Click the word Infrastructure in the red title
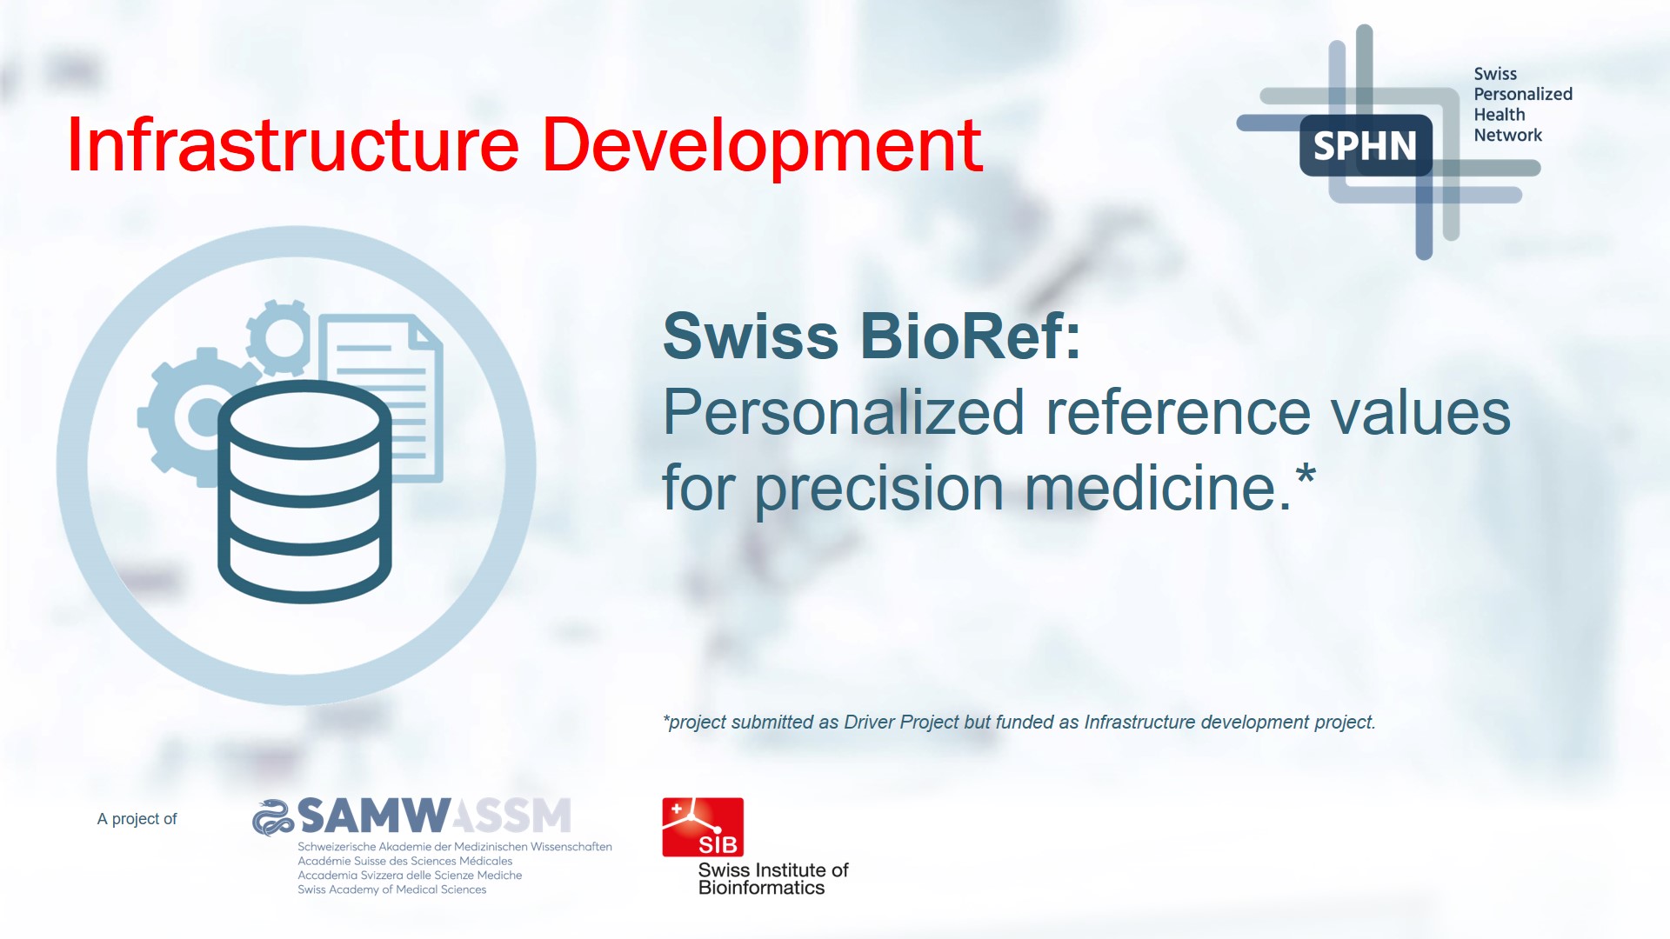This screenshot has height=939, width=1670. pyautogui.click(x=292, y=146)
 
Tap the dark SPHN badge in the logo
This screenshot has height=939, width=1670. pyautogui.click(x=1365, y=146)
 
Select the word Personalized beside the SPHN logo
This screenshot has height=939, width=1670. pyautogui.click(x=1522, y=94)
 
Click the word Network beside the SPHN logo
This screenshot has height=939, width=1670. pyautogui.click(x=1507, y=135)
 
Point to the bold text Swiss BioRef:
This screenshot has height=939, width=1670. pyautogui.click(x=872, y=336)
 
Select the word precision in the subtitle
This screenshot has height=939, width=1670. pyautogui.click(x=878, y=489)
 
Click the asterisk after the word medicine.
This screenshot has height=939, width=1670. pyautogui.click(x=1306, y=476)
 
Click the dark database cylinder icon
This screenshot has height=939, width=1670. pyautogui.click(x=304, y=491)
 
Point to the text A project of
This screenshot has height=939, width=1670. pyautogui.click(x=137, y=819)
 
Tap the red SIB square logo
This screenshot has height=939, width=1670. pyautogui.click(x=703, y=827)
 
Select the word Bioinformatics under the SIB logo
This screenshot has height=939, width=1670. pyautogui.click(x=761, y=888)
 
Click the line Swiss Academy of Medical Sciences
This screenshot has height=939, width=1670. pyautogui.click(x=391, y=889)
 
